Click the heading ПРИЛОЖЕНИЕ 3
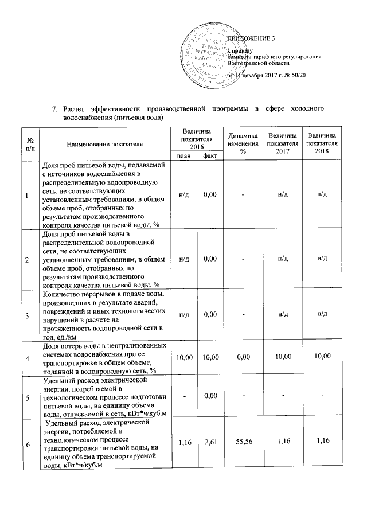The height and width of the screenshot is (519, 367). coord(252,38)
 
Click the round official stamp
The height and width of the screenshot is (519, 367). coord(210,57)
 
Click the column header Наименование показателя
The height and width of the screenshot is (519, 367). coord(104,143)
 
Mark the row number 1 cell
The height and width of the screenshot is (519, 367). coord(26,195)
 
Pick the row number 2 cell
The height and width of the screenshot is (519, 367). coord(26,259)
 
